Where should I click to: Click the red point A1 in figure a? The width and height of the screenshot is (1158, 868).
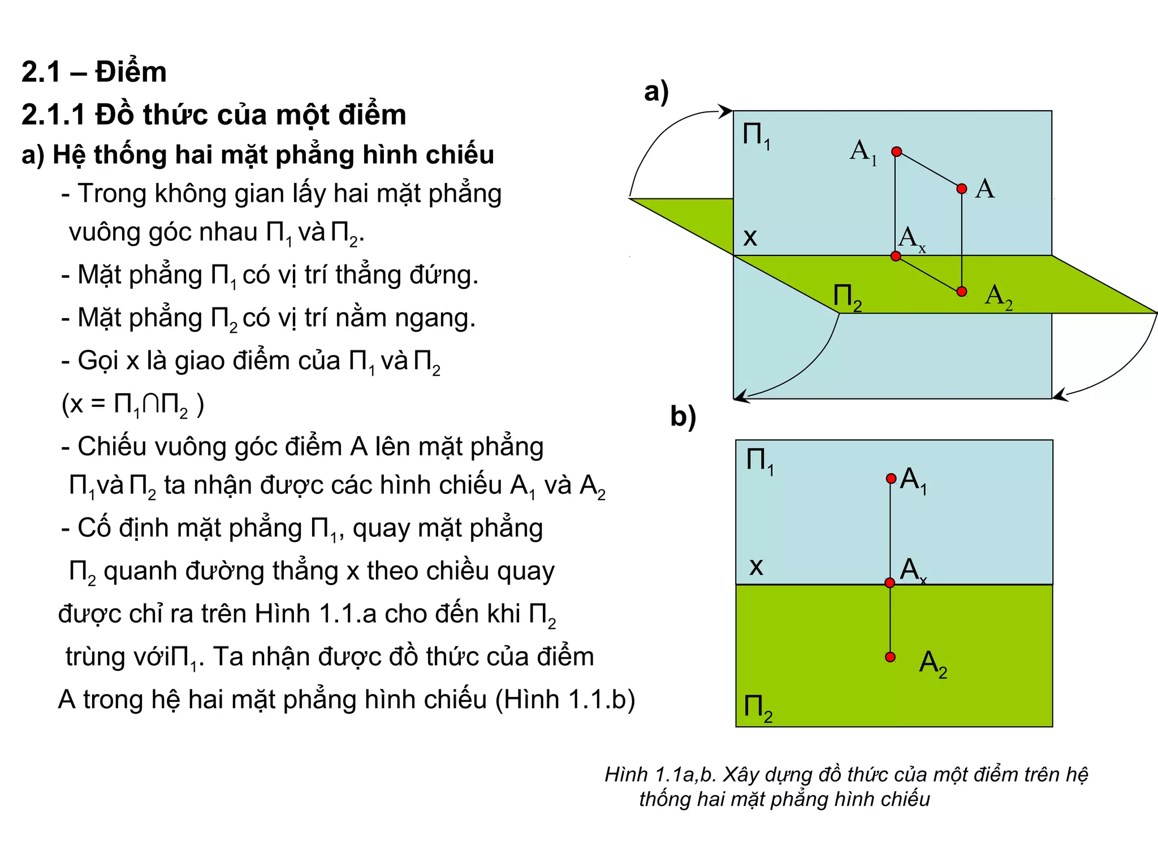tap(896, 151)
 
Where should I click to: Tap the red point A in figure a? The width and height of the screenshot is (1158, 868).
tap(962, 189)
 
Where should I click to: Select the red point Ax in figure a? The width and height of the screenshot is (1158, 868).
tap(896, 256)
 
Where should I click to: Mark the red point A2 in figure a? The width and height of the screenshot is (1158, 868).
tap(962, 292)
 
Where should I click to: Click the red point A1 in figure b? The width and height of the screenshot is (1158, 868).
tap(891, 479)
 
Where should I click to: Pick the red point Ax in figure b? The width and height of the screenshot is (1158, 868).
tap(890, 583)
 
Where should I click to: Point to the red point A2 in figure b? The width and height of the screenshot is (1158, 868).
tap(891, 657)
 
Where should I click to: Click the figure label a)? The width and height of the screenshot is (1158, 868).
tap(656, 92)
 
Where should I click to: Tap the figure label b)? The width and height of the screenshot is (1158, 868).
tap(683, 417)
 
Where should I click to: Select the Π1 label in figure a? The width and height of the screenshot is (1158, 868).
tap(756, 136)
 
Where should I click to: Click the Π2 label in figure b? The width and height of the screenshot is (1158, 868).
tap(758, 709)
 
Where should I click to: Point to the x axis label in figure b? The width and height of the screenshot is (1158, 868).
tap(756, 566)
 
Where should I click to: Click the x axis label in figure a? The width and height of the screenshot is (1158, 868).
tap(750, 237)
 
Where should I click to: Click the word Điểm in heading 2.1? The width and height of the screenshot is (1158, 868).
tap(131, 72)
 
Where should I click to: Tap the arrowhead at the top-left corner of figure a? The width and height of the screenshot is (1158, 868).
tap(726, 111)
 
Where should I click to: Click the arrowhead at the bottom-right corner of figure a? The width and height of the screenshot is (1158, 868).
tap(1060, 395)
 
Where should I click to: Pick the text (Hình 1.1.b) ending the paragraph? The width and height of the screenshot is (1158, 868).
tap(565, 700)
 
